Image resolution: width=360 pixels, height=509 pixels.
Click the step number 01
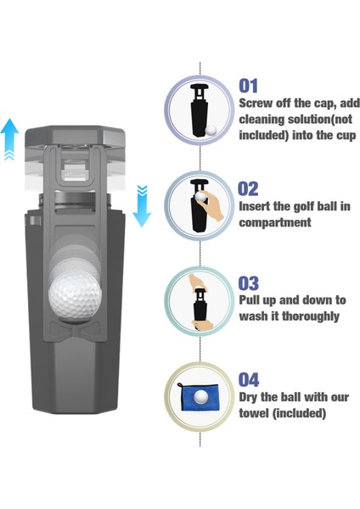249,86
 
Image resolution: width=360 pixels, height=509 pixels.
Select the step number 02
249,188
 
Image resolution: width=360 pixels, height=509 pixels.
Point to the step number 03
249,283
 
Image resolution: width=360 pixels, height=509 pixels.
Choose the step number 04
249,379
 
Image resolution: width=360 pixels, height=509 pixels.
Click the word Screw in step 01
256,103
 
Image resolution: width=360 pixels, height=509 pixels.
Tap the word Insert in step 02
257,206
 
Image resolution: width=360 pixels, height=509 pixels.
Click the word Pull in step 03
251,300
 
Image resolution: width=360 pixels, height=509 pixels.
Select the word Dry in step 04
250,397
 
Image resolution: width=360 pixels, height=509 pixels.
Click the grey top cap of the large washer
76,135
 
